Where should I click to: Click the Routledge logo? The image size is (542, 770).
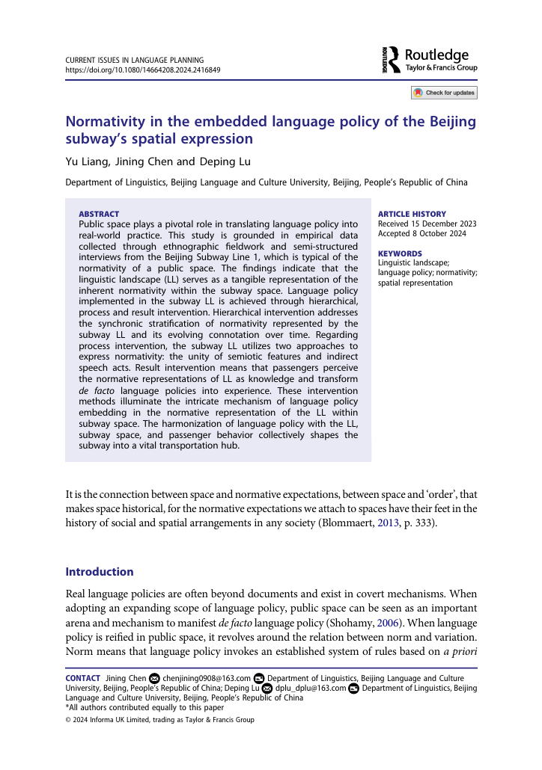click(429, 60)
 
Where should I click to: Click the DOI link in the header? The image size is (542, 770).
click(143, 70)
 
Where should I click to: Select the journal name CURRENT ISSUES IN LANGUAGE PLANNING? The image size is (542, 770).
click(135, 60)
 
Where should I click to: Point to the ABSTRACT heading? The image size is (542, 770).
click(99, 214)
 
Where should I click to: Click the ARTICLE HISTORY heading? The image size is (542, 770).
click(412, 214)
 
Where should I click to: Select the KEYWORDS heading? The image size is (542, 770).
click(400, 253)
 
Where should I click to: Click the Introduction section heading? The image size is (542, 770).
click(100, 572)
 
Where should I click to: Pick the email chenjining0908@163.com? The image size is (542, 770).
click(207, 678)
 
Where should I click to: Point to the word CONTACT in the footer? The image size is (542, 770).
click(82, 678)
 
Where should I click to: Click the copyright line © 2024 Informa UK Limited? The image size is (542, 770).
click(160, 720)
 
